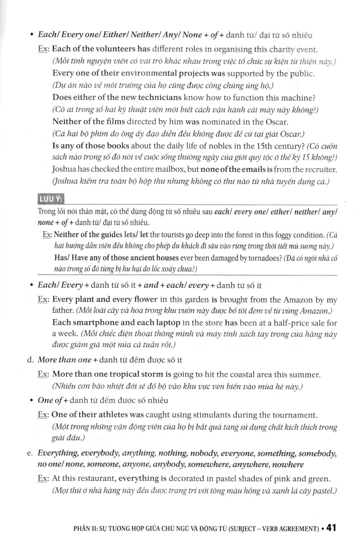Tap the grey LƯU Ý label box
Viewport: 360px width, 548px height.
(51, 199)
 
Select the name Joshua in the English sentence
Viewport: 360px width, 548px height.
(64, 169)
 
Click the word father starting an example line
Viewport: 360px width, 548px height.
(63, 311)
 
